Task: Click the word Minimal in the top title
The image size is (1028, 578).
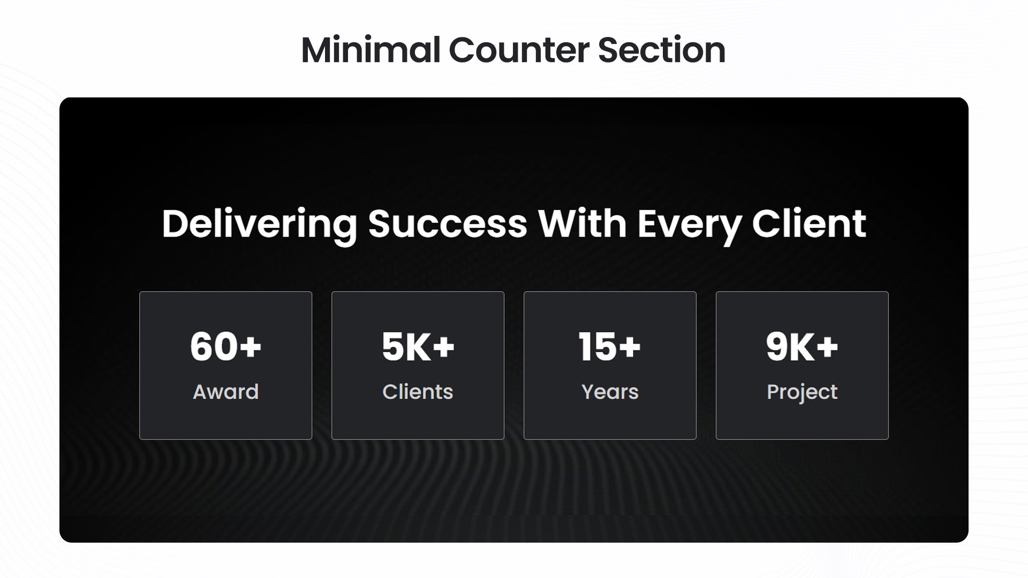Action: (x=370, y=50)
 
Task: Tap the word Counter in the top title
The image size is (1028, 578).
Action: (x=518, y=50)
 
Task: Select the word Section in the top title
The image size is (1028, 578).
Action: (x=661, y=50)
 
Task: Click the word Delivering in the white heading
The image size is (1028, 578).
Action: (x=259, y=224)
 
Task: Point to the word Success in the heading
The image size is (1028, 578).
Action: (x=448, y=224)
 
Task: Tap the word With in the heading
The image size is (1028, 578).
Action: (x=582, y=224)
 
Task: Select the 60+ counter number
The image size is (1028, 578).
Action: (x=225, y=346)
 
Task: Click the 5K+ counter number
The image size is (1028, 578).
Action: (x=418, y=346)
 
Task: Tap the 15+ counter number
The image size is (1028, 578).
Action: (x=609, y=346)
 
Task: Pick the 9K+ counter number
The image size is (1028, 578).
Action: (x=802, y=346)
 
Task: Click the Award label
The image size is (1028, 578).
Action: (x=225, y=392)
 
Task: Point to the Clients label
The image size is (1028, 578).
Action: (x=418, y=392)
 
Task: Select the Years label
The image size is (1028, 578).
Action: (x=610, y=392)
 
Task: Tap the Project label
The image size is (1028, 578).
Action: (x=802, y=392)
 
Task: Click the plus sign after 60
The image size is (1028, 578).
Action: (x=250, y=347)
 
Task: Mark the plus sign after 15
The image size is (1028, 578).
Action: (x=629, y=347)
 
